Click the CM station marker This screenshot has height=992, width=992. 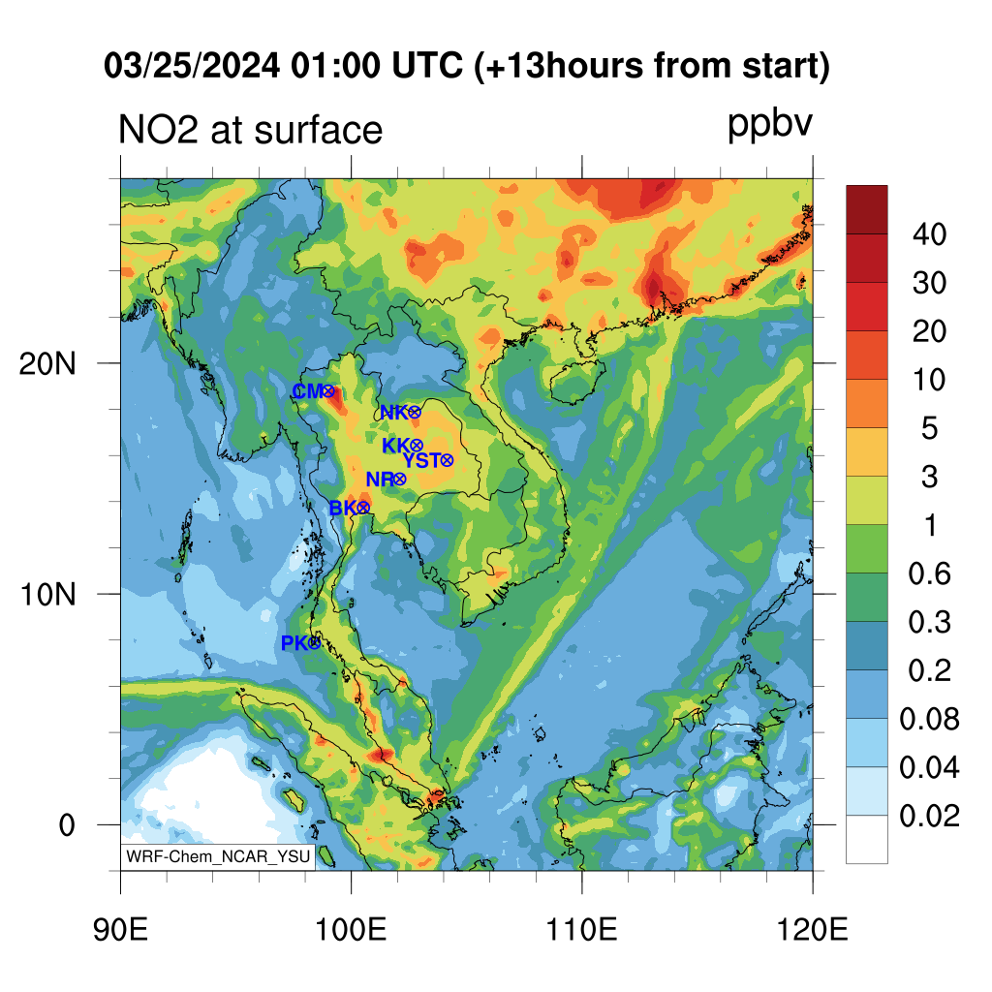pos(328,391)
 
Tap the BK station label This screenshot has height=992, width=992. pos(343,508)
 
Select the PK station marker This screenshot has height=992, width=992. pos(315,643)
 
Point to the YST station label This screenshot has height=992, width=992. pos(421,460)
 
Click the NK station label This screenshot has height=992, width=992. pos(394,413)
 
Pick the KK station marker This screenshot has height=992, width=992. pos(417,446)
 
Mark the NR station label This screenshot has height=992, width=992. pos(380,479)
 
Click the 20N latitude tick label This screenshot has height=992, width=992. pos(47,364)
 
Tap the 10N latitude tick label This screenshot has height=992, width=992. pos(47,595)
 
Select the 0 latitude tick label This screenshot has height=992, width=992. pos(67,825)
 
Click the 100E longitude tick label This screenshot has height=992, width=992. pos(351,929)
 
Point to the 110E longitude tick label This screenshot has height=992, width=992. pos(581,929)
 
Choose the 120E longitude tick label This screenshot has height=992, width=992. pos(813,929)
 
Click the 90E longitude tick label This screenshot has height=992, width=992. pos(120,929)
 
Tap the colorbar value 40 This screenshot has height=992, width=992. pos(929,234)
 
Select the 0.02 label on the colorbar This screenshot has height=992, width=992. pos(929,816)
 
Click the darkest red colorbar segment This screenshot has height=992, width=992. pos(867,209)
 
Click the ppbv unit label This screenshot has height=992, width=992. pos(770,124)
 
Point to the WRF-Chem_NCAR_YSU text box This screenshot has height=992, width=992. pos(218,856)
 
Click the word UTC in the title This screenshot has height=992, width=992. pos(427,65)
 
